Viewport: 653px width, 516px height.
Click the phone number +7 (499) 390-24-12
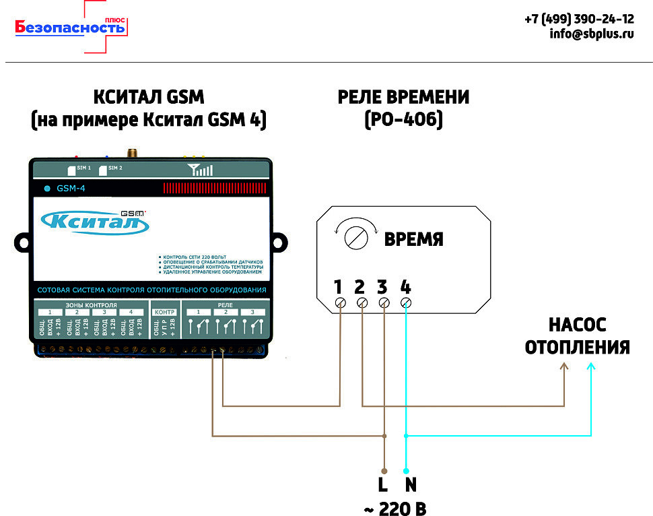click(x=579, y=19)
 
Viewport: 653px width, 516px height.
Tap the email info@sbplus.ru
click(x=591, y=34)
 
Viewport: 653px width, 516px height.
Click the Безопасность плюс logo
click(x=71, y=28)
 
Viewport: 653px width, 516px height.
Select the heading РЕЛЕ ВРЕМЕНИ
click(x=403, y=97)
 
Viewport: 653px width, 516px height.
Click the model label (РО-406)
click(x=403, y=120)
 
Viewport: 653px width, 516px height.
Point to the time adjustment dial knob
click(x=354, y=237)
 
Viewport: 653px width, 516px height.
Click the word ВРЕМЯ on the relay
click(x=413, y=240)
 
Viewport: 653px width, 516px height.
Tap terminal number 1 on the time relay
click(x=339, y=288)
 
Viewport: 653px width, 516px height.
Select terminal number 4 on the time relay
click(x=405, y=288)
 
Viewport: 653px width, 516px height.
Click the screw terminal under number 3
click(x=384, y=303)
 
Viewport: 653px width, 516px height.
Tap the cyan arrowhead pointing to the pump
click(x=590, y=368)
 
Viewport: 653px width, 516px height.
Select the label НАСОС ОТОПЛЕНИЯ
click(x=577, y=337)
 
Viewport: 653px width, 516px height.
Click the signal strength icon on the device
click(x=200, y=169)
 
